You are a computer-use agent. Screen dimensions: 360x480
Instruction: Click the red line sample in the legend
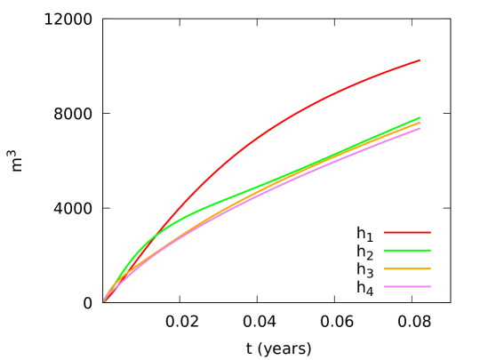pyautogui.click(x=407, y=232)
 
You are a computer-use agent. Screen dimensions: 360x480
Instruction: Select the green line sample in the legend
pyautogui.click(x=407, y=251)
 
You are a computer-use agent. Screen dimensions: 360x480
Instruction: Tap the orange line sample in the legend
pyautogui.click(x=407, y=268)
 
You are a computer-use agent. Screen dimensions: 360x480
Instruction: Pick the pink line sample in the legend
pyautogui.click(x=407, y=287)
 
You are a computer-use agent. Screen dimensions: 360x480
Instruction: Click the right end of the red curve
pyautogui.click(x=420, y=60)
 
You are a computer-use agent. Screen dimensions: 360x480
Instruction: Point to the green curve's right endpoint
pyautogui.click(x=420, y=117)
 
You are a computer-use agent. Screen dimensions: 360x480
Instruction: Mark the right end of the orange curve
pyautogui.click(x=420, y=122)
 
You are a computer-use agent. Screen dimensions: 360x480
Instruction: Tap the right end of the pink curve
pyautogui.click(x=420, y=129)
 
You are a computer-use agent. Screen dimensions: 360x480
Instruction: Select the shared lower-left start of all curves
pyautogui.click(x=103, y=301)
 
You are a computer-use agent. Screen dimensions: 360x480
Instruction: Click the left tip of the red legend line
pyautogui.click(x=384, y=232)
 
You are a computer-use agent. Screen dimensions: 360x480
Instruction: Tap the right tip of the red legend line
pyautogui.click(x=430, y=232)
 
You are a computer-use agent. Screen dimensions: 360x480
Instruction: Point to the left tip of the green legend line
pyautogui.click(x=384, y=251)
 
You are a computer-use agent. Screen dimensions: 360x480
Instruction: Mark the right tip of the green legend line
pyautogui.click(x=430, y=251)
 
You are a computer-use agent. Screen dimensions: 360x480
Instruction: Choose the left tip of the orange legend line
pyautogui.click(x=384, y=268)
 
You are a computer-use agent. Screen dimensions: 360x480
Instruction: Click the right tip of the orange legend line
pyautogui.click(x=430, y=268)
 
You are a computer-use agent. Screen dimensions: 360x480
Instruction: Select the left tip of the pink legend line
pyautogui.click(x=384, y=287)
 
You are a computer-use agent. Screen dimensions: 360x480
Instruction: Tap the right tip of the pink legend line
pyautogui.click(x=430, y=287)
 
